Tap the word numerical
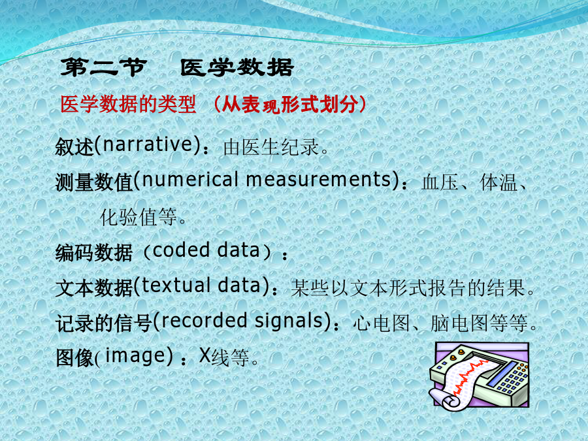point(189,179)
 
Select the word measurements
point(319,179)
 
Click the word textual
point(176,286)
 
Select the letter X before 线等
point(204,355)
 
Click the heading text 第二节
point(103,68)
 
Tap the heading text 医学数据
point(237,68)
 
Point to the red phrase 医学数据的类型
point(128,105)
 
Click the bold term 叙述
point(74,146)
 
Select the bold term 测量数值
point(94,182)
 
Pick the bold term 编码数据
point(94,253)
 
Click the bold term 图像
point(74,357)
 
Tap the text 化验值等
point(138,218)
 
